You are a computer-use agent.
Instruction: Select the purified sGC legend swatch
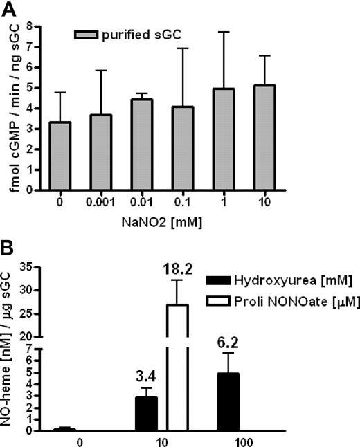(x=87, y=34)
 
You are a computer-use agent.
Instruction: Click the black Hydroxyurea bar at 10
(x=145, y=413)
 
